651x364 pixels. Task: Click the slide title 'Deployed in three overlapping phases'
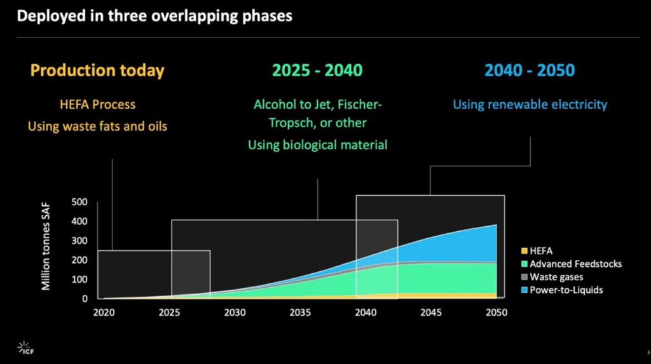coord(154,16)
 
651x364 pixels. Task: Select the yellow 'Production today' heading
coord(97,71)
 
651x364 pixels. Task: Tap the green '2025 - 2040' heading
coord(317,70)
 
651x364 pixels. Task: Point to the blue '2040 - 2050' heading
coord(530,70)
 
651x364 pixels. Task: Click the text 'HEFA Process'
coord(97,104)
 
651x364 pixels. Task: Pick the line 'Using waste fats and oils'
coord(97,126)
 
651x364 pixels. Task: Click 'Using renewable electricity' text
coord(530,105)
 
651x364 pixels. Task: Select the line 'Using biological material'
coord(318,145)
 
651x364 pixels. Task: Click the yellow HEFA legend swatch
coord(524,251)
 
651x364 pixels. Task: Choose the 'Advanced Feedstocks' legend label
coord(576,264)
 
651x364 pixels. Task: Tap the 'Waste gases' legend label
coord(556,277)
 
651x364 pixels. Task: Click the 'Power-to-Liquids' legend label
coord(566,290)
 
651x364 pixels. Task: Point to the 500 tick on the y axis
coord(79,202)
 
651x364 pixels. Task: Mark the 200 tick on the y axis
coord(79,260)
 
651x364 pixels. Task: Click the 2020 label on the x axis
coord(104,313)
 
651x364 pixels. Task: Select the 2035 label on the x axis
coord(300,313)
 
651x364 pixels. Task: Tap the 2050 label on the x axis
coord(497,313)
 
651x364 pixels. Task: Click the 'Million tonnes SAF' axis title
coord(46,246)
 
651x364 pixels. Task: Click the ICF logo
coord(25,348)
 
